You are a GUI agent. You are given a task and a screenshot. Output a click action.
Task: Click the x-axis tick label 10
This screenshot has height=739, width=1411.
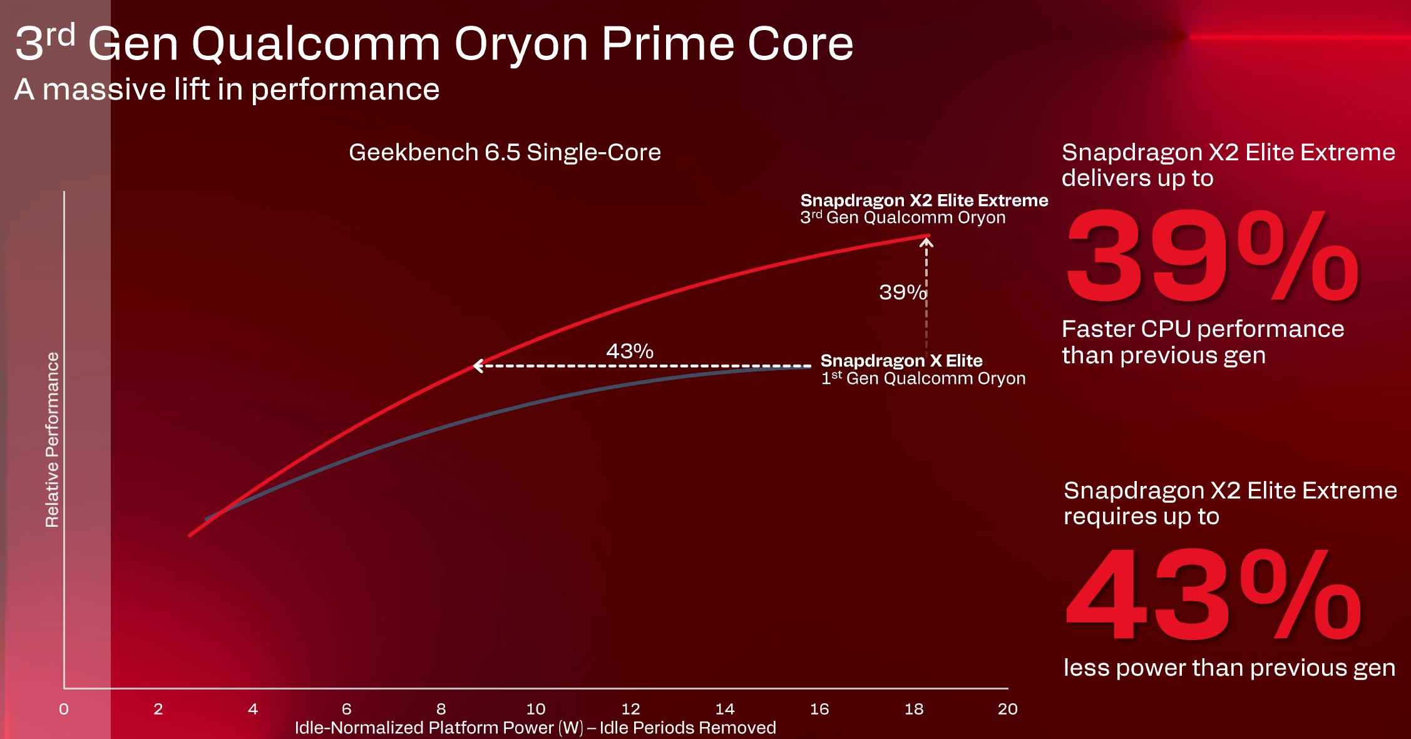(x=536, y=709)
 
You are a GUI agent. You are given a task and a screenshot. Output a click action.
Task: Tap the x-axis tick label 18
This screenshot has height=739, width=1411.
(x=914, y=709)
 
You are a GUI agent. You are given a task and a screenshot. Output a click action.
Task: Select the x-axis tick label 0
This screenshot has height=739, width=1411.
(x=64, y=709)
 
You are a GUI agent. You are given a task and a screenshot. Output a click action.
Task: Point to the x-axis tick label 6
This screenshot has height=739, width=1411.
(x=347, y=709)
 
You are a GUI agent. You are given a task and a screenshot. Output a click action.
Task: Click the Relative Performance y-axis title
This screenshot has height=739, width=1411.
(x=52, y=440)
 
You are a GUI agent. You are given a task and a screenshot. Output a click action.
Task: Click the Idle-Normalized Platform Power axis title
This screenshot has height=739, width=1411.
(x=535, y=728)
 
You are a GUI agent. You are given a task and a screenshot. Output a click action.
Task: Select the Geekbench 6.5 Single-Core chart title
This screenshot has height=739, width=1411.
(x=505, y=152)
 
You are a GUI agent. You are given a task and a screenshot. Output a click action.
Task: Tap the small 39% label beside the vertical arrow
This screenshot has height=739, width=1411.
(x=903, y=292)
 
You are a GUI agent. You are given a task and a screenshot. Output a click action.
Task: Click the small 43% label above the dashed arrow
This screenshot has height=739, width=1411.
(x=630, y=351)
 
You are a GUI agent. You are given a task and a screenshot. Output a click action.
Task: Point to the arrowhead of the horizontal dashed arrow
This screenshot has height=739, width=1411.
(x=476, y=366)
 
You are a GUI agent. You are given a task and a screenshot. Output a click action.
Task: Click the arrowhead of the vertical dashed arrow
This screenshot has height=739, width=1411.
(x=926, y=241)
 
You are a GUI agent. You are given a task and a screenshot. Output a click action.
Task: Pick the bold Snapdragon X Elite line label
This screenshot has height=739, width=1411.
(x=901, y=361)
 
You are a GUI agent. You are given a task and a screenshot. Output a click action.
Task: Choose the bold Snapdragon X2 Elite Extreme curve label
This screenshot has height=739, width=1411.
(x=924, y=200)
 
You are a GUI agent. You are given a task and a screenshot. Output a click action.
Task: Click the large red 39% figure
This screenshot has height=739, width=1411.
(x=1213, y=256)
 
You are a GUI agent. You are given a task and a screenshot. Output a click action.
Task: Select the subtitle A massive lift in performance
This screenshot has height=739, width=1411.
(x=227, y=90)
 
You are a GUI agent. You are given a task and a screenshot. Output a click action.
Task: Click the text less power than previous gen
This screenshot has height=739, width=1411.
(x=1229, y=668)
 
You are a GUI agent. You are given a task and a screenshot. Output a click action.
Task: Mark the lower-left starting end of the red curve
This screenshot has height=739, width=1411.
(x=190, y=535)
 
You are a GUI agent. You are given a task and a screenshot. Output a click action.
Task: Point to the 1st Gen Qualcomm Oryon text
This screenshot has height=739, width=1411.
(x=923, y=378)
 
